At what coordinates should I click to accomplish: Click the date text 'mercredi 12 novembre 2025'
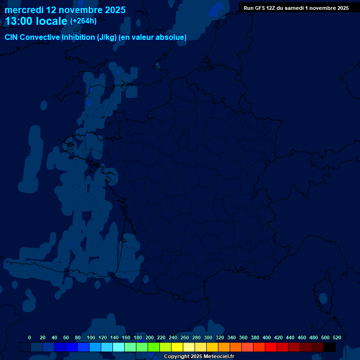[x=65, y=10]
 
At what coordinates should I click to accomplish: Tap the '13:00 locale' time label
[x=36, y=22]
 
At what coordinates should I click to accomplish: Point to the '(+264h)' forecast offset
[x=83, y=21]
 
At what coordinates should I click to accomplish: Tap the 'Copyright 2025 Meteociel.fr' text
[x=199, y=356]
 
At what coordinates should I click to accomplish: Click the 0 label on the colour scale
[x=30, y=337]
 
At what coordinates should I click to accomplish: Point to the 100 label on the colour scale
[x=91, y=337]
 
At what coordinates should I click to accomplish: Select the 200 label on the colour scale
[x=150, y=337]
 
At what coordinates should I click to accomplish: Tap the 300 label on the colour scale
[x=208, y=337]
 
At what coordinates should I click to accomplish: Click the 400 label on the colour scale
[x=267, y=337]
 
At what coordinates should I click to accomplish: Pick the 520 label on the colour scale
[x=337, y=337]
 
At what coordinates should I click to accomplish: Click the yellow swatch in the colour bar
[x=177, y=347]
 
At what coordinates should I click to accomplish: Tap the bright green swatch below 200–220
[x=154, y=347]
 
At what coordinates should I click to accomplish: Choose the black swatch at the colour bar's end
[x=330, y=347]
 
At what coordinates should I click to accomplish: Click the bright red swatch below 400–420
[x=271, y=347]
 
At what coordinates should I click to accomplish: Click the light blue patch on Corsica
[x=323, y=297]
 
